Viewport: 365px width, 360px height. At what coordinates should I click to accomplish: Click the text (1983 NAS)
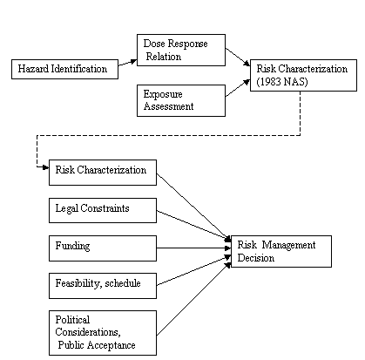pyautogui.click(x=282, y=82)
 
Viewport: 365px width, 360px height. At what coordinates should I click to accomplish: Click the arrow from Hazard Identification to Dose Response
pyautogui.click(x=127, y=63)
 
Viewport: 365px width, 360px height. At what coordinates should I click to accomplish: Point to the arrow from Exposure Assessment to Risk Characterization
pyautogui.click(x=238, y=88)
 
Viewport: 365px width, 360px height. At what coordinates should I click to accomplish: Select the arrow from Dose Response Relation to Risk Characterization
pyautogui.click(x=238, y=57)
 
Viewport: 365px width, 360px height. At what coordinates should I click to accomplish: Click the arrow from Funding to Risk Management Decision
pyautogui.click(x=193, y=248)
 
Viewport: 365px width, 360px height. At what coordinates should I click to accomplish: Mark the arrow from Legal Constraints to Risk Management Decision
pyautogui.click(x=193, y=226)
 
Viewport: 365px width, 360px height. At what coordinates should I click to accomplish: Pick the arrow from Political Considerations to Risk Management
pyautogui.click(x=193, y=299)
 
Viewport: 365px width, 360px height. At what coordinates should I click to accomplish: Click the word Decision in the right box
pyautogui.click(x=255, y=258)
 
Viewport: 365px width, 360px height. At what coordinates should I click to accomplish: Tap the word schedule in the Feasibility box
pyautogui.click(x=123, y=283)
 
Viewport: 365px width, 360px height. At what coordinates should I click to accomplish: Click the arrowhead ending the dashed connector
pyautogui.click(x=45, y=167)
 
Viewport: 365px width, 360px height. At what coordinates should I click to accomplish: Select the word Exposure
pyautogui.click(x=163, y=94)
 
